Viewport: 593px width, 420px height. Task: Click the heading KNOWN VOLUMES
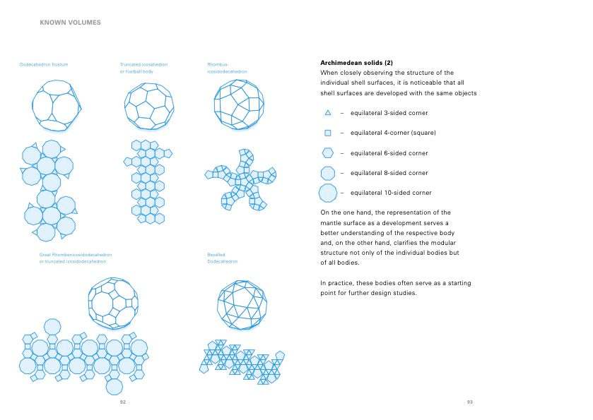tap(70, 23)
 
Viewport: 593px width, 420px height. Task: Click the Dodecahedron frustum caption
tap(44, 65)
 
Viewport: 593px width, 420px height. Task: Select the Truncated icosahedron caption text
tap(143, 68)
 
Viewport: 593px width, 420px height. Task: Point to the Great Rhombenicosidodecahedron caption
tap(76, 258)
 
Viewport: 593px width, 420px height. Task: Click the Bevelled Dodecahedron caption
tap(222, 258)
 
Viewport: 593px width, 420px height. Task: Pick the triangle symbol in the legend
tap(328, 113)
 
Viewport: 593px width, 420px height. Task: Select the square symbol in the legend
tap(328, 133)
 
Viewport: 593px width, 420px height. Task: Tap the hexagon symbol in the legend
tap(328, 152)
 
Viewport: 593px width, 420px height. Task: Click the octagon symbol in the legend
tap(328, 173)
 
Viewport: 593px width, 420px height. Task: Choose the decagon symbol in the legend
tap(328, 193)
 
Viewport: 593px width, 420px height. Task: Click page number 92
tap(122, 402)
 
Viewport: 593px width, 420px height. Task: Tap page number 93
tap(469, 402)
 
